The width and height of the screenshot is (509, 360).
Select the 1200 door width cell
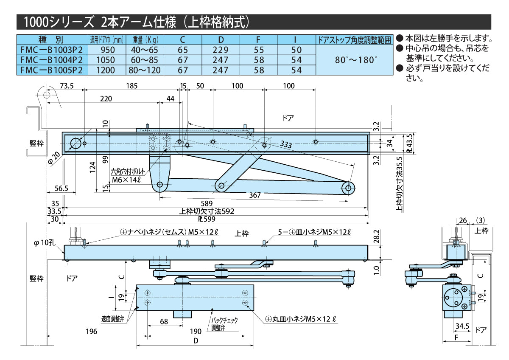click(106, 70)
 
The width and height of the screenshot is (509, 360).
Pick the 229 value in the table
click(221, 50)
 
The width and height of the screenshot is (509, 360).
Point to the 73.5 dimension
click(67, 86)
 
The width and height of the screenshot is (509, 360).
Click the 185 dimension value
click(131, 86)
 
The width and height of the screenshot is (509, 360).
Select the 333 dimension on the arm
click(285, 145)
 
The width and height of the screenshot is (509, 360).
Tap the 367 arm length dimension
click(255, 195)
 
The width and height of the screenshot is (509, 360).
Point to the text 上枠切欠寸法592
click(207, 211)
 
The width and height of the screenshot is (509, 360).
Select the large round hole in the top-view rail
click(76, 143)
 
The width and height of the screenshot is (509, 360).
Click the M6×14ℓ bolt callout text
click(126, 179)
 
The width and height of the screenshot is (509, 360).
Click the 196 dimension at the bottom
click(89, 331)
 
